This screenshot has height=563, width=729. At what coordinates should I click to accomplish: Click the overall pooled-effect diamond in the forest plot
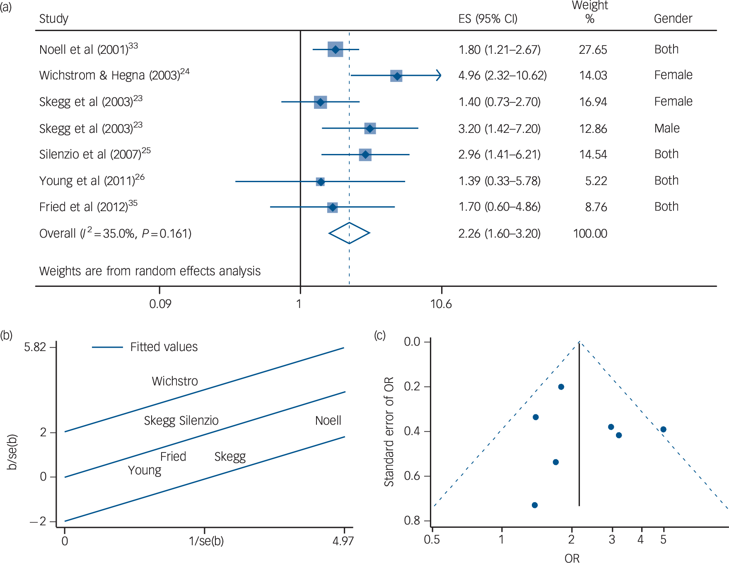pos(349,233)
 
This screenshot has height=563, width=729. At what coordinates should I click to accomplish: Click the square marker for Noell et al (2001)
pos(335,50)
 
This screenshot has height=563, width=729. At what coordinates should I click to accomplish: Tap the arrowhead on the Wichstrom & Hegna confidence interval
pos(438,75)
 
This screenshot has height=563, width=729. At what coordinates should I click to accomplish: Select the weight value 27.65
pos(593,50)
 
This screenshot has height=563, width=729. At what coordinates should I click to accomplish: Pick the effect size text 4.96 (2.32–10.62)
pos(502,75)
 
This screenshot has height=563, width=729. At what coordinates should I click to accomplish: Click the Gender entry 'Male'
pos(667,128)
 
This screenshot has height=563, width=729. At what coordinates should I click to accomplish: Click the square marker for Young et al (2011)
pos(320,181)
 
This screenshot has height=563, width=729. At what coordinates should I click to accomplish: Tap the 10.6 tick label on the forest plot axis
pos(441,304)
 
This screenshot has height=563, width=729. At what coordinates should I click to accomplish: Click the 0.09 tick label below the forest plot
pos(160,304)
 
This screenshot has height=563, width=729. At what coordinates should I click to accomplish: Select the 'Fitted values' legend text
pos(164,347)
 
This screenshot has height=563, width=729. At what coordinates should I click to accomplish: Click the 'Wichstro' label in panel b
pos(175,381)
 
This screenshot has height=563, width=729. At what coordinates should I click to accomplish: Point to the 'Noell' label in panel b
pos(328,421)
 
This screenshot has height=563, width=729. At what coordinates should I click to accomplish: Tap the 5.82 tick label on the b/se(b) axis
pos(35,347)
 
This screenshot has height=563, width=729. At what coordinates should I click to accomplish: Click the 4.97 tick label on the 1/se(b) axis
pos(343,541)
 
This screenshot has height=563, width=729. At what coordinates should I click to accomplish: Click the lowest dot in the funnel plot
pos(535,505)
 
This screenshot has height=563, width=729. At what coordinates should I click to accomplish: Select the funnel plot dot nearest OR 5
pos(663,429)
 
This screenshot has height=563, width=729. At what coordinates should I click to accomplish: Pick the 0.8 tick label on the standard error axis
pos(412,520)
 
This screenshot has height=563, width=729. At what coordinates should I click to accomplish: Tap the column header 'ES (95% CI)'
pos(488,19)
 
